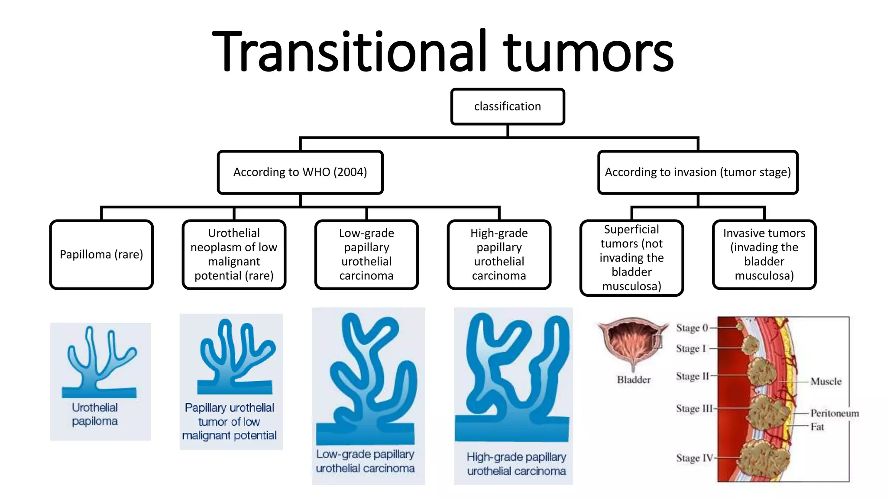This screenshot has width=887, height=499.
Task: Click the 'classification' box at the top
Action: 507,107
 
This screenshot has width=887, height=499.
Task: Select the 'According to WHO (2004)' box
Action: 300,172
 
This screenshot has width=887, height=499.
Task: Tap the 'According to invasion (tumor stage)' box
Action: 697,172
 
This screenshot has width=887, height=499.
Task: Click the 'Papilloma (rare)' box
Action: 101,254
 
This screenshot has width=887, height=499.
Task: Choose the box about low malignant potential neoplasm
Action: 234,254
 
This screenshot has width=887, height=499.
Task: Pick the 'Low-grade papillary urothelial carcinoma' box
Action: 366,254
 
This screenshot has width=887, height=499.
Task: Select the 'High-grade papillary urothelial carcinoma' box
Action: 499,254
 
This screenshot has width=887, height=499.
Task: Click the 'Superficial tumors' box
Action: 631,258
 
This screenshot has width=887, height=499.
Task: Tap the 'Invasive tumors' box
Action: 764,254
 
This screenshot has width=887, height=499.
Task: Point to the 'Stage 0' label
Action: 692,328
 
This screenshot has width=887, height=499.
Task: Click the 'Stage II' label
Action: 692,376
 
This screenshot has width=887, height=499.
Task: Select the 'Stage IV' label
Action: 694,458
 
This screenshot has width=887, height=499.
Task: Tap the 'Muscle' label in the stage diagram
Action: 825,382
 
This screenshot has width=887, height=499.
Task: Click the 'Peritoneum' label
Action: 834,413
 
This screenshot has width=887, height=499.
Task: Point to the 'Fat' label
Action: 817,427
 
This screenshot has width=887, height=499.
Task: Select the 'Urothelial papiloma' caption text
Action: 95,414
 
